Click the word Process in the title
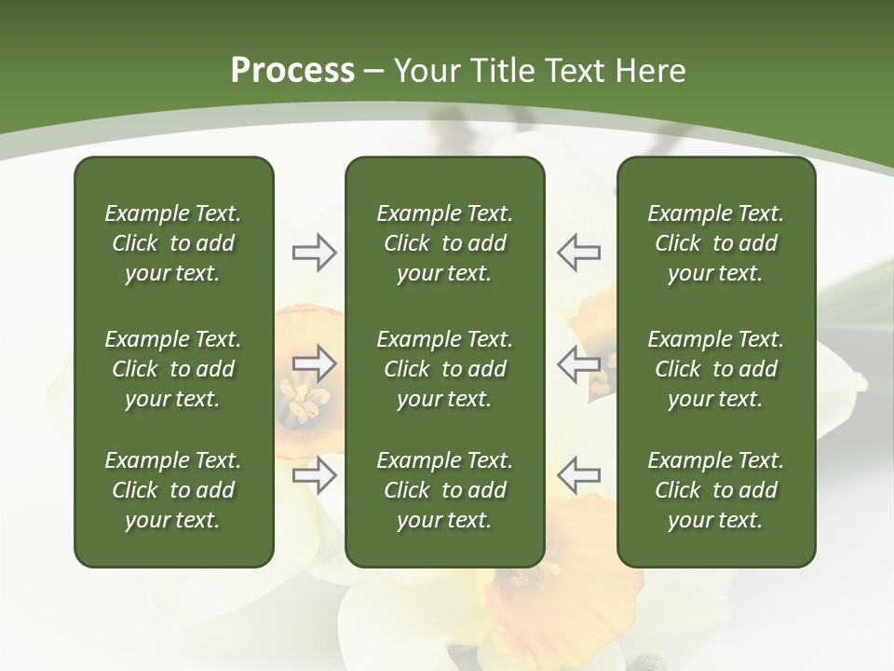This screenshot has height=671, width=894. click(x=292, y=71)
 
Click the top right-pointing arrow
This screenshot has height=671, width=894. click(x=314, y=253)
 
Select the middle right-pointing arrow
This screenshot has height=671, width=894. click(x=314, y=363)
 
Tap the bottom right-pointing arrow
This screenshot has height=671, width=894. click(x=314, y=475)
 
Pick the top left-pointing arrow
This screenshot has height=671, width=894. click(x=578, y=253)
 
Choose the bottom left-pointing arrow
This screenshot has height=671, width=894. click(x=578, y=475)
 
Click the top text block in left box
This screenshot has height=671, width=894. click(x=173, y=243)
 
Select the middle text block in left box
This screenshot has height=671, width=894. click(x=173, y=369)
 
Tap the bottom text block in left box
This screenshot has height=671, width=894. click(x=173, y=490)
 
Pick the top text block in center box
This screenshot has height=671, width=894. click(x=444, y=243)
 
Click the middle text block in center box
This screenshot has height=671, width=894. click(x=444, y=369)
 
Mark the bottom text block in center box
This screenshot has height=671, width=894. click(x=444, y=490)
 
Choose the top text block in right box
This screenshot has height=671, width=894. click(x=715, y=243)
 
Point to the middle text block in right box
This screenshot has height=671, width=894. click(x=715, y=369)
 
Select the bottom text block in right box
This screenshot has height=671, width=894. click(x=715, y=490)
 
